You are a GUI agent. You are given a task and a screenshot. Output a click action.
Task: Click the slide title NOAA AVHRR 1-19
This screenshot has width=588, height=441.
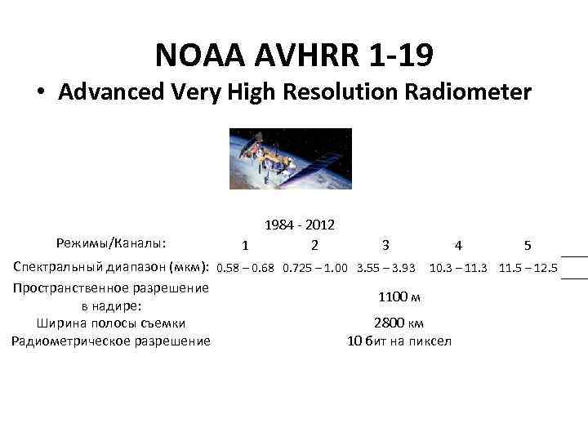tap(293, 56)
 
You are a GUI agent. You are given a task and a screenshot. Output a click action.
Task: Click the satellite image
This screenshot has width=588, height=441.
tap(291, 158)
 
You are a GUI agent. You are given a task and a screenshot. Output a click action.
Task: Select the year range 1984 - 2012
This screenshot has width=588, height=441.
tap(300, 225)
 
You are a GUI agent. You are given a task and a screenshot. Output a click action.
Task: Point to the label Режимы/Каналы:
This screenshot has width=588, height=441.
tap(111, 243)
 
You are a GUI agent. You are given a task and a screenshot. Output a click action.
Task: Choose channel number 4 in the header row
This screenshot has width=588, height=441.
tap(459, 244)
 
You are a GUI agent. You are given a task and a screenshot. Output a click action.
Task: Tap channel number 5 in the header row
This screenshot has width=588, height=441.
tap(528, 244)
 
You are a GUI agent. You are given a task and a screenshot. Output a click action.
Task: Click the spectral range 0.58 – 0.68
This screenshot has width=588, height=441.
tap(246, 267)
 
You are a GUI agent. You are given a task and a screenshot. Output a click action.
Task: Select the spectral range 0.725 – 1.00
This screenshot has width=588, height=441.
tap(316, 267)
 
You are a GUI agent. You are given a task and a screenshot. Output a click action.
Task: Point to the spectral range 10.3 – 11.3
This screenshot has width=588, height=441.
tap(458, 267)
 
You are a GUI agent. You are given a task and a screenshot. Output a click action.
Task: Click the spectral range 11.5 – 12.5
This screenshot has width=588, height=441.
tap(528, 267)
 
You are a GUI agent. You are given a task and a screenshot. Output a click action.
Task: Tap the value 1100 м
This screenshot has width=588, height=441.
tap(399, 296)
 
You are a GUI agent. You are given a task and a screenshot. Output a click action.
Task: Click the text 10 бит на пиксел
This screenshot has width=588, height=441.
tap(399, 341)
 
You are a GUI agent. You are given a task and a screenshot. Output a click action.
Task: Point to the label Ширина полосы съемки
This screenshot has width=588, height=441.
tap(111, 323)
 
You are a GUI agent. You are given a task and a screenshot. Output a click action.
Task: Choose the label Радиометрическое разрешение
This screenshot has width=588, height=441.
tap(111, 341)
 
